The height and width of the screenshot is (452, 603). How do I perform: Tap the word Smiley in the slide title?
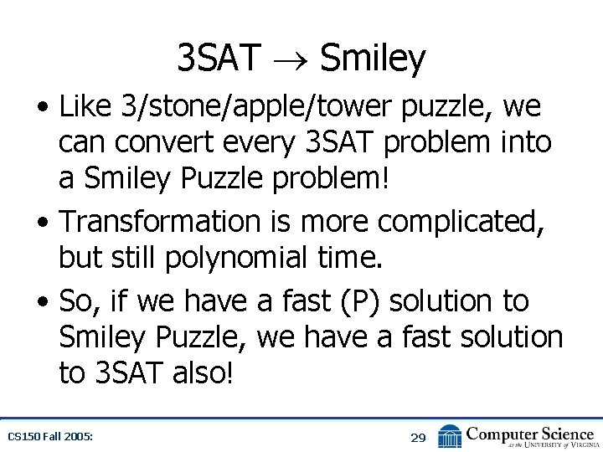(x=372, y=59)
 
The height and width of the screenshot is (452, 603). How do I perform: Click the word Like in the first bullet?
(x=86, y=107)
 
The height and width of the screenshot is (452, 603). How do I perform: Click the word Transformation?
(x=160, y=222)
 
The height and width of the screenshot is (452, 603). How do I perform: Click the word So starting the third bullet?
(x=78, y=300)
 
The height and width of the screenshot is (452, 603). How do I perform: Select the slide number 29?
(x=418, y=437)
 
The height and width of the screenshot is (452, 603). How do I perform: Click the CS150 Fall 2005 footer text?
(x=49, y=437)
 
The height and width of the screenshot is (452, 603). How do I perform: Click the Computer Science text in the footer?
(x=530, y=433)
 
